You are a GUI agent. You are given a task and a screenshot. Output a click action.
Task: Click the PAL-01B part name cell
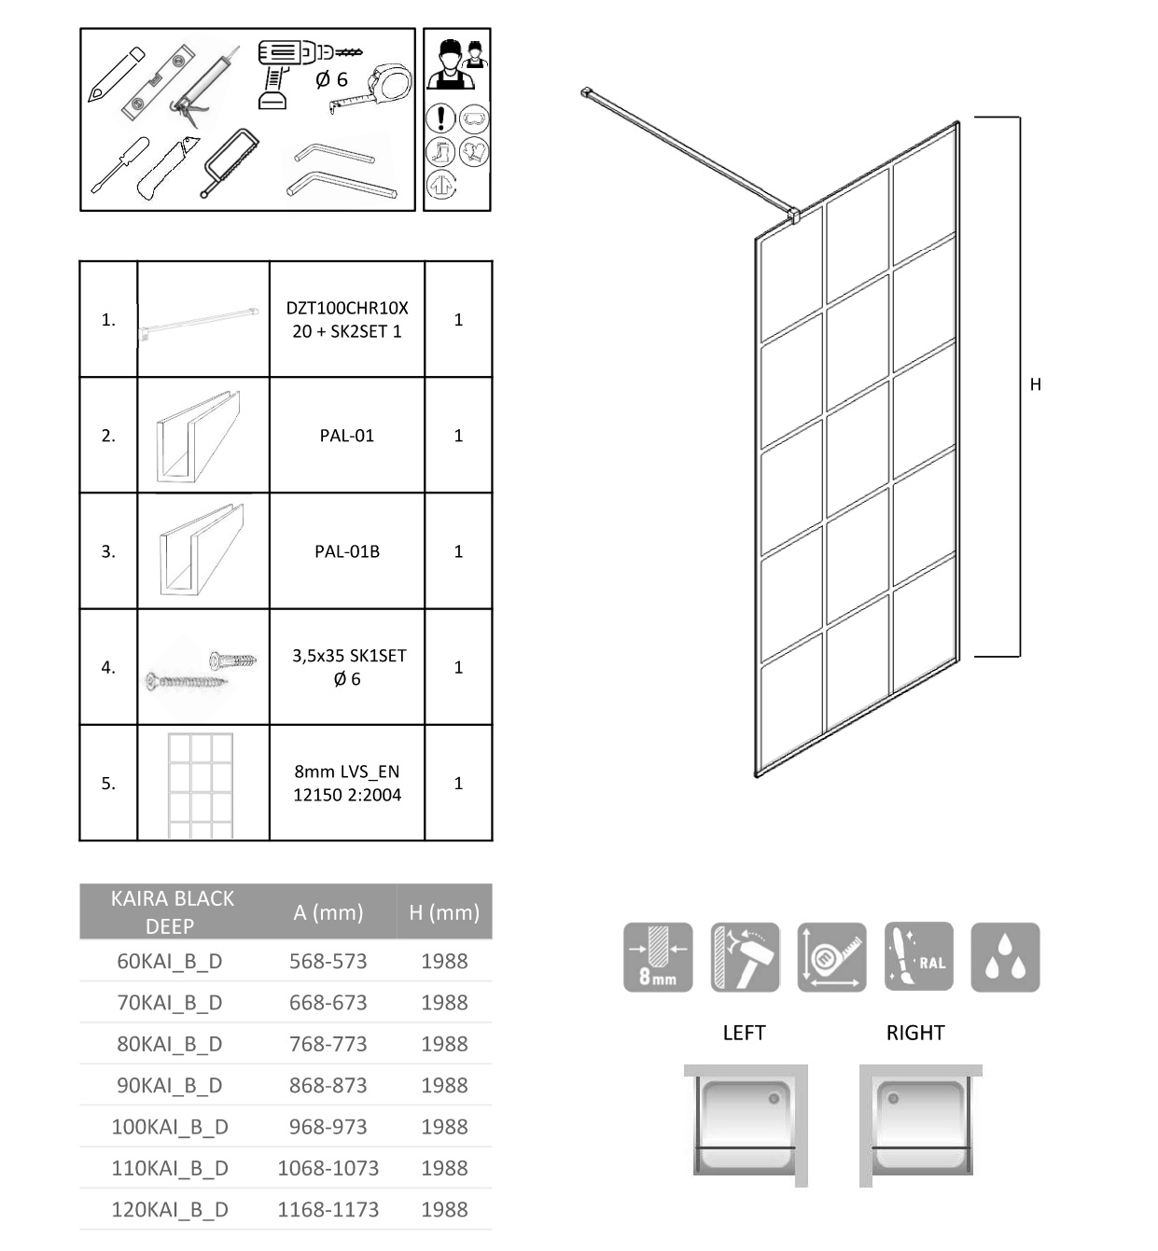pos(346,551)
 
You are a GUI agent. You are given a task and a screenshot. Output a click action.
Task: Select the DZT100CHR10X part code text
pos(346,308)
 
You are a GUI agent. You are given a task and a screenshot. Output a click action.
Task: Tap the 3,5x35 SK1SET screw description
pos(348,657)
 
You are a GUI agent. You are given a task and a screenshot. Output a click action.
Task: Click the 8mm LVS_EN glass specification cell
pos(346,784)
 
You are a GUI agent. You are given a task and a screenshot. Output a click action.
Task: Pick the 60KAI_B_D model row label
pos(169,961)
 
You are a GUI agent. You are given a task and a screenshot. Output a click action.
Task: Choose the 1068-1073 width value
pos(328,1168)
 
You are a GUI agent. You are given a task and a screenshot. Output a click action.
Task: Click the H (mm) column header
pos(444,912)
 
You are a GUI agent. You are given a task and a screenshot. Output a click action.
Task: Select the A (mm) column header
pos(328,912)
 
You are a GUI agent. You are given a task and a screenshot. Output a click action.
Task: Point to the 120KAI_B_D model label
pos(169,1210)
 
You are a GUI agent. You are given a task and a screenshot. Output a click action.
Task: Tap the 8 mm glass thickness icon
pos(658,957)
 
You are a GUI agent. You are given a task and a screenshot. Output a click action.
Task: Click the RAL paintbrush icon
pos(918,957)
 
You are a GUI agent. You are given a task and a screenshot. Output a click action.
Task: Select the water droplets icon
pos(1005,957)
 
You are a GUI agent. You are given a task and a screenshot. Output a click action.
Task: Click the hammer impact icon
pos(745,957)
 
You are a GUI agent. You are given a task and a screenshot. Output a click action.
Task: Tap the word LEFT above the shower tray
pos(744,1033)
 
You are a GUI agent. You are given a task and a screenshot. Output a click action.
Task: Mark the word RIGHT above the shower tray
pos(915,1033)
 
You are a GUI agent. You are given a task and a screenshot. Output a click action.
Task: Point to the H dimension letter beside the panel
pos(1035,384)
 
